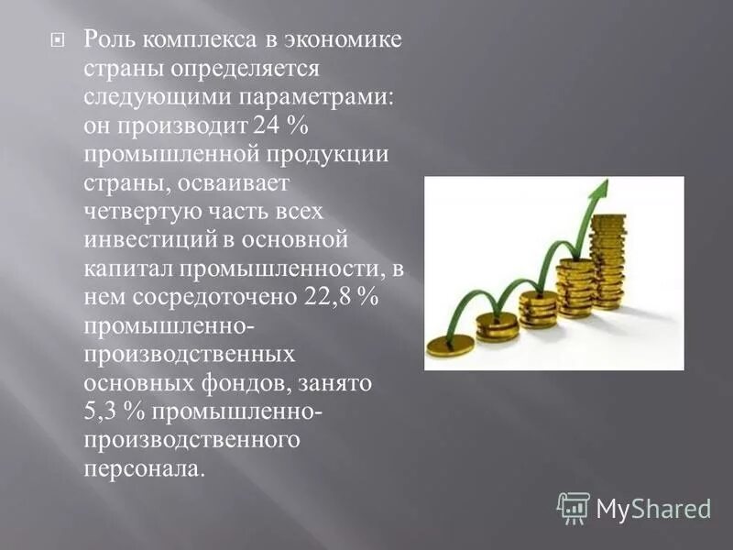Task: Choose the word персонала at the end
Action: [140, 470]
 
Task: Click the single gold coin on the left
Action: [451, 345]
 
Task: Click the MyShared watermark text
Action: [653, 508]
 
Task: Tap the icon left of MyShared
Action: [574, 507]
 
